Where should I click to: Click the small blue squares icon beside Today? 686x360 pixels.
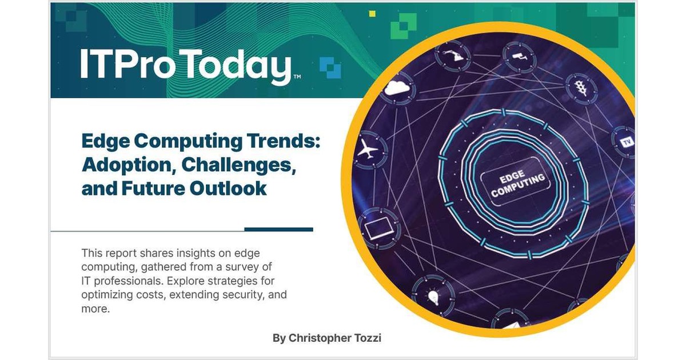[330, 66]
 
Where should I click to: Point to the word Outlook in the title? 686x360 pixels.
[234, 188]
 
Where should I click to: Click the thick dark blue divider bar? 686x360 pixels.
[278, 229]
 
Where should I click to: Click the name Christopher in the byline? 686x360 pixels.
[317, 338]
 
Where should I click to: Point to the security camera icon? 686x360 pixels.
[518, 55]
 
